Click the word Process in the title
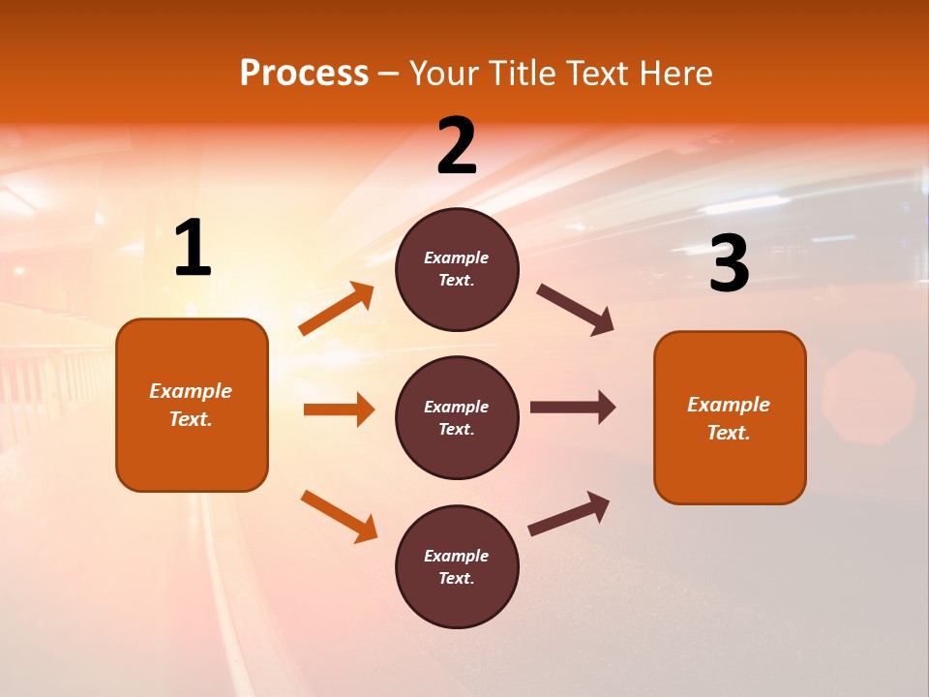304,74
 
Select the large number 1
193,249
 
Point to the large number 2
457,146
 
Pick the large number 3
729,263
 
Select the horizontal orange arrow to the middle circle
339,409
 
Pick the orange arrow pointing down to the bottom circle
339,516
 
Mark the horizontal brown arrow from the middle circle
573,408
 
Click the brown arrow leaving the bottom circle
569,514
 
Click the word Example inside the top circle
457,258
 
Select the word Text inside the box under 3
729,433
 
